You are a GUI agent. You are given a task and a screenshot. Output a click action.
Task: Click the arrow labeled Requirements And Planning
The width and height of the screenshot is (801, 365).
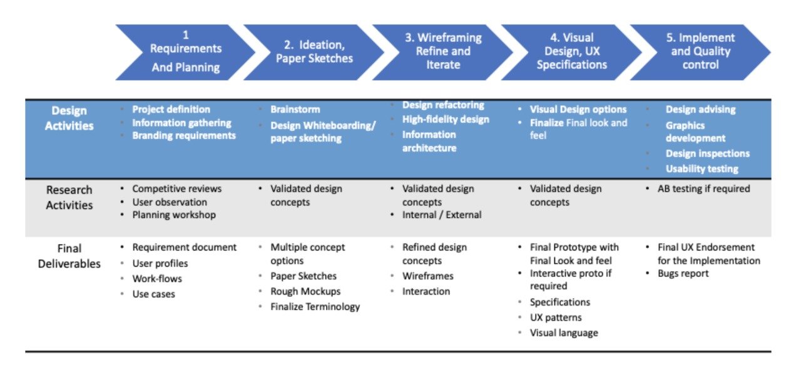coord(186,53)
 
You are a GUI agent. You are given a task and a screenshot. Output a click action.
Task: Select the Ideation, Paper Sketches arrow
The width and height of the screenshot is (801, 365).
coord(314,53)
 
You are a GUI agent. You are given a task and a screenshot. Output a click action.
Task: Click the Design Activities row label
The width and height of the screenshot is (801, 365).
coord(69,118)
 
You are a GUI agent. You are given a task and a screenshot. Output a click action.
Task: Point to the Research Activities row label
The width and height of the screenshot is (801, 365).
coord(69,197)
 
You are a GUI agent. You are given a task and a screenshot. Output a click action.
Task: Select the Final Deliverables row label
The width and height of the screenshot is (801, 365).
coord(69,255)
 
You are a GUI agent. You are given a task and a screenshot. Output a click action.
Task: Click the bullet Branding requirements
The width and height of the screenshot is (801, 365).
coord(184,136)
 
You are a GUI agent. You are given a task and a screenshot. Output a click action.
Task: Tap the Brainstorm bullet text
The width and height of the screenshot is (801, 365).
coord(295,110)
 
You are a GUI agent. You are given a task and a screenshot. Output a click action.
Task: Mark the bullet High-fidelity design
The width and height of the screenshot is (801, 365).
coord(446,120)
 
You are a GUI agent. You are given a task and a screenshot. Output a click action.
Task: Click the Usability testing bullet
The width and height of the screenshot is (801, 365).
coord(702,168)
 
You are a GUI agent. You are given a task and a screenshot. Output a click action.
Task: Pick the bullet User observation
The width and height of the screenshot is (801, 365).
coord(170,202)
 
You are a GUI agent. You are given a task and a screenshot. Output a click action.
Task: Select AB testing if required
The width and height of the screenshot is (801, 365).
coord(703,188)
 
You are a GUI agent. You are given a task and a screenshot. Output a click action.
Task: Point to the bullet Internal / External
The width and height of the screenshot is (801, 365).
coord(442,215)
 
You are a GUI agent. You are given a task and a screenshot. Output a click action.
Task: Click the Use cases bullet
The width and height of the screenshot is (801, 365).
coord(154,294)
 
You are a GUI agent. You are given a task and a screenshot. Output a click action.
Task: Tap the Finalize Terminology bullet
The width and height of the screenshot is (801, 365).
coord(315,307)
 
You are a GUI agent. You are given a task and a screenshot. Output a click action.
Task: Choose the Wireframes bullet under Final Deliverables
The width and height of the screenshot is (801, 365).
coord(428,276)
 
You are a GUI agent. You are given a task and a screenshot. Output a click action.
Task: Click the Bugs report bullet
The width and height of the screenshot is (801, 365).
coord(683,274)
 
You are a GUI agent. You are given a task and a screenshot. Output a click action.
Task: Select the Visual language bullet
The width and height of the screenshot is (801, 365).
coord(564,333)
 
